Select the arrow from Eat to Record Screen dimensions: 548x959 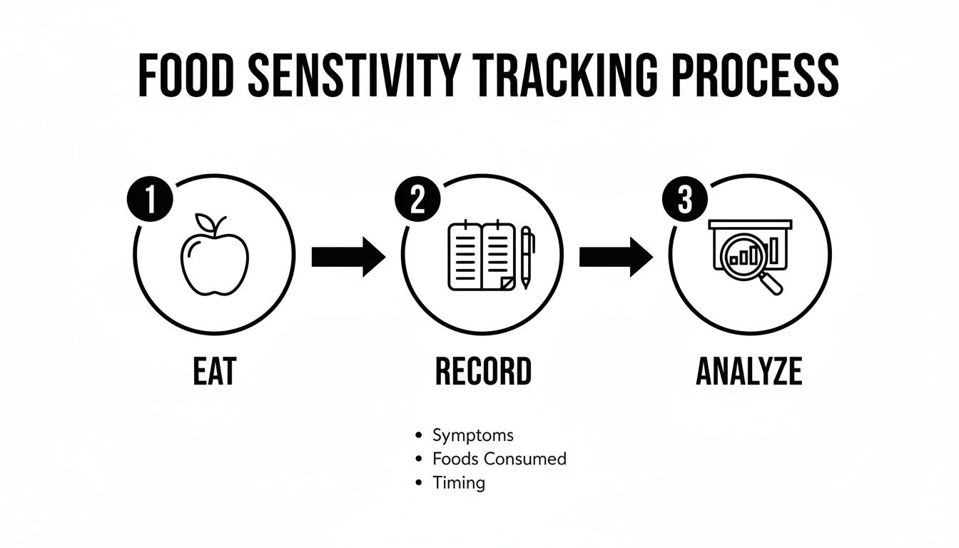348,257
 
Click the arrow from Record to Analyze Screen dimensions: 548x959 615,257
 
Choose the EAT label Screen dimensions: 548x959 214,372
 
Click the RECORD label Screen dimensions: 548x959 483,372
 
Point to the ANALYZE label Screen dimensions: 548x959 749,372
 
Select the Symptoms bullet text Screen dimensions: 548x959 472,435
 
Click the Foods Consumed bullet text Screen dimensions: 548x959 499,459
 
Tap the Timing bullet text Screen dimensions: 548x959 459,482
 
